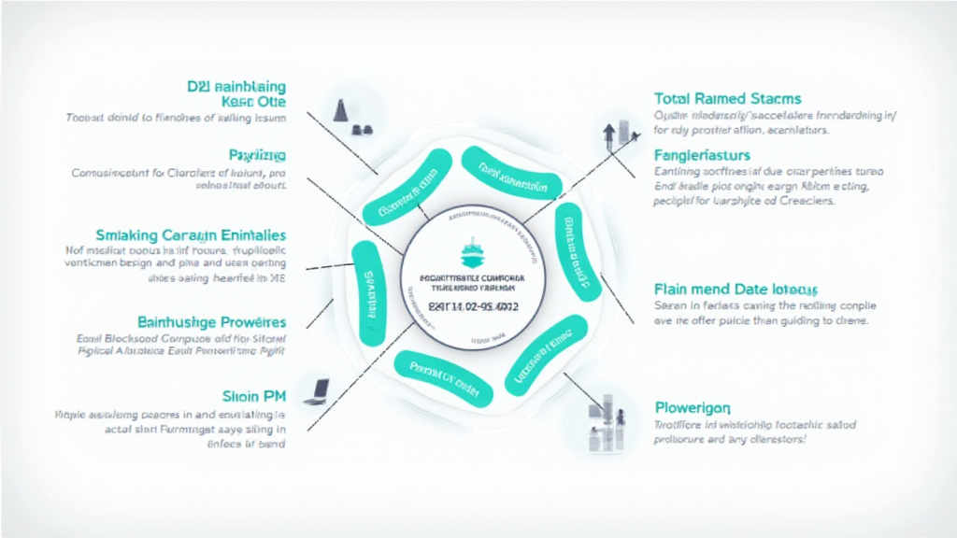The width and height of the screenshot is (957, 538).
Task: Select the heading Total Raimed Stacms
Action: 728,98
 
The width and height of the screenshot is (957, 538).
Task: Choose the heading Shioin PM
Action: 254,393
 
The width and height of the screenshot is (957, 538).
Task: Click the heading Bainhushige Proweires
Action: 212,321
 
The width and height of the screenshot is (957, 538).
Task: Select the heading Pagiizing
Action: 257,154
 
